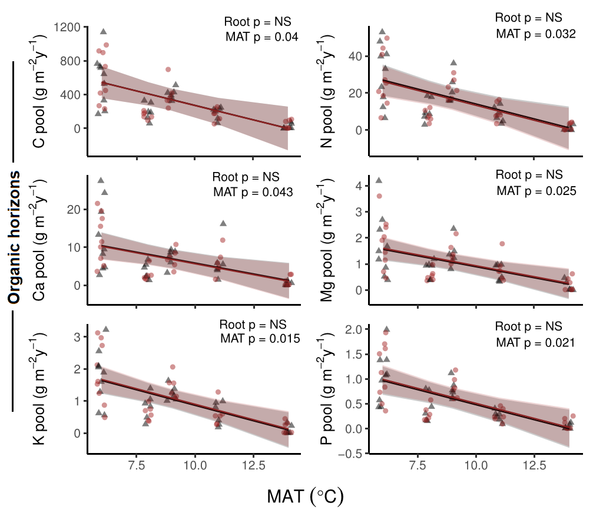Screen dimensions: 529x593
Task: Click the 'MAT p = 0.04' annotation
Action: pyautogui.click(x=262, y=37)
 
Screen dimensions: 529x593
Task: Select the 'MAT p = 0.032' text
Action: pyautogui.click(x=535, y=34)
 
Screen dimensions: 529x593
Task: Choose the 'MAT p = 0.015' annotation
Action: pyautogui.click(x=260, y=339)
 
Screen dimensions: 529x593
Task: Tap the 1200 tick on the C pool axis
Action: pyautogui.click(x=69, y=27)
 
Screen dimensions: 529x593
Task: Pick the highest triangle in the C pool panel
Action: pyautogui.click(x=104, y=31)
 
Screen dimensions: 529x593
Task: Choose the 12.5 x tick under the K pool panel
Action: pyautogui.click(x=253, y=465)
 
